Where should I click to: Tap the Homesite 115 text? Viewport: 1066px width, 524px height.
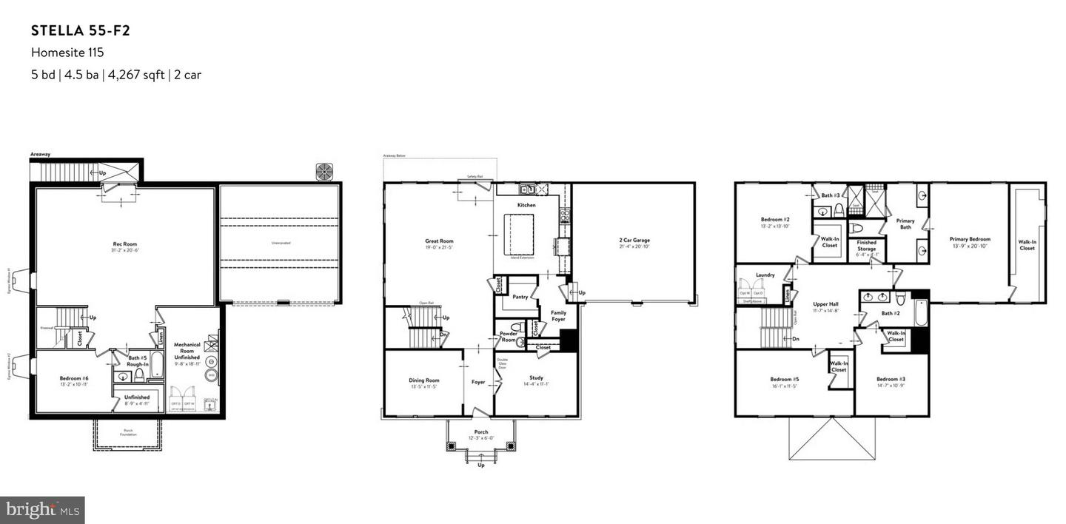(67, 53)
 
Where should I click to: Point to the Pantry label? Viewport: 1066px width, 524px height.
(520, 297)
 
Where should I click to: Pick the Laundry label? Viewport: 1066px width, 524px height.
(765, 275)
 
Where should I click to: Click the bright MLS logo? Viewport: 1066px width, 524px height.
(42, 509)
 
